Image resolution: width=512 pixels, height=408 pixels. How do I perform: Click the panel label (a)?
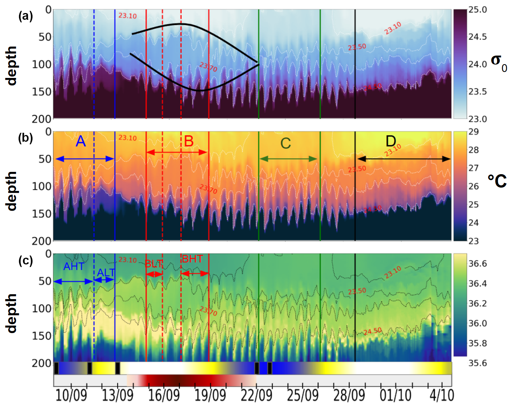[25, 16]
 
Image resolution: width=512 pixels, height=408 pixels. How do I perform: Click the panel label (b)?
[25, 138]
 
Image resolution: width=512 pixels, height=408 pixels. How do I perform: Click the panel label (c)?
[25, 260]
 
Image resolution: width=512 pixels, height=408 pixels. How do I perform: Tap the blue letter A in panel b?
[81, 141]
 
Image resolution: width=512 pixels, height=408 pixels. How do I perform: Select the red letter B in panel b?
[189, 141]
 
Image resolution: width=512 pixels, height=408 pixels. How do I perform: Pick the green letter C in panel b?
[286, 143]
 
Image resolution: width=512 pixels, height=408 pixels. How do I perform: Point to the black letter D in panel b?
[391, 141]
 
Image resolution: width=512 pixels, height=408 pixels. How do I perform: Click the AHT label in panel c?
[73, 267]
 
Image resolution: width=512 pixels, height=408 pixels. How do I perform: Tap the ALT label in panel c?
[106, 273]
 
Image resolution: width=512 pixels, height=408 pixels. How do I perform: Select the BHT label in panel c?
[192, 259]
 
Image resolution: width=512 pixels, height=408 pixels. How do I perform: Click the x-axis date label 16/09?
[164, 395]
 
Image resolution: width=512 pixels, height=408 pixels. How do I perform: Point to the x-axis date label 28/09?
[349, 395]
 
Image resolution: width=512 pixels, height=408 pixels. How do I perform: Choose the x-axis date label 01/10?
[395, 395]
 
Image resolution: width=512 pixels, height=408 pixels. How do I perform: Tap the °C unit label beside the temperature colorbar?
[497, 181]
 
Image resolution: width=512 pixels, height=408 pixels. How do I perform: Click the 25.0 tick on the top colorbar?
[478, 10]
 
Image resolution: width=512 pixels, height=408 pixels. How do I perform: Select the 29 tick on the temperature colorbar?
[473, 132]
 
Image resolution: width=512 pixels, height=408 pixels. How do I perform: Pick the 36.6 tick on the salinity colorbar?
[478, 264]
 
